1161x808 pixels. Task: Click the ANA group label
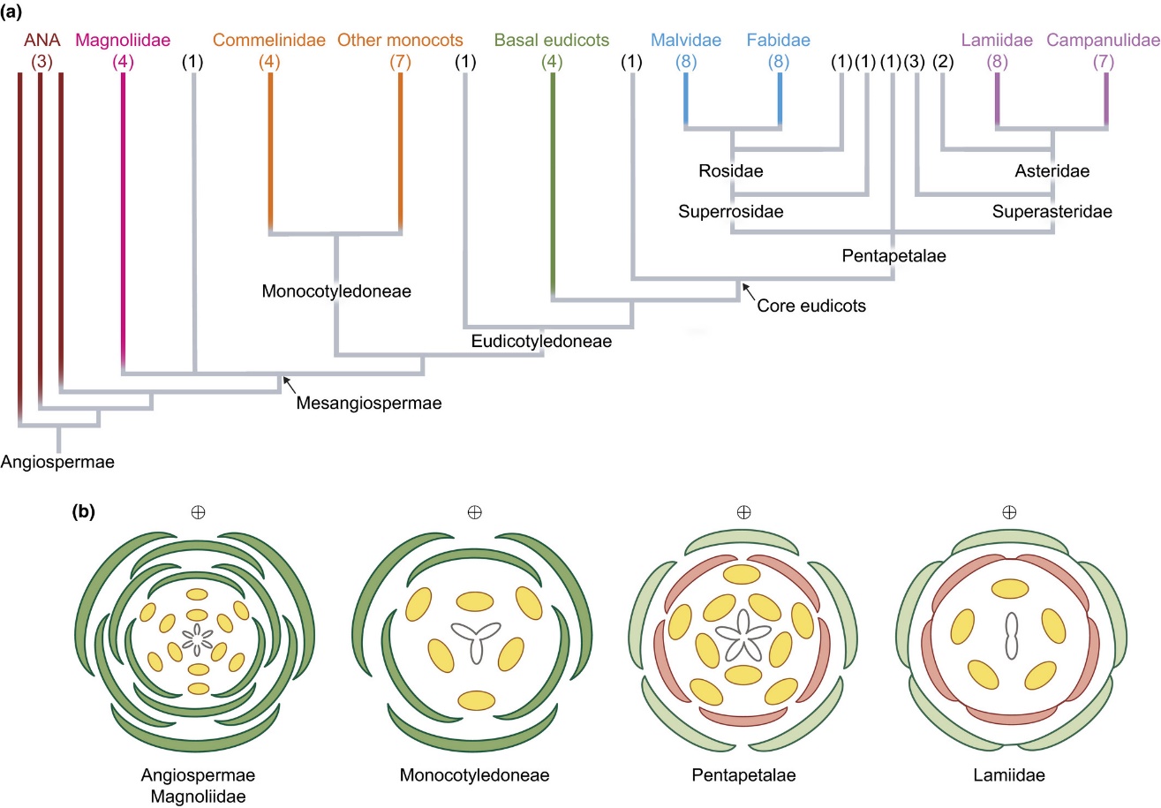point(42,40)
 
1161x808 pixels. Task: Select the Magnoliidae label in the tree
point(123,40)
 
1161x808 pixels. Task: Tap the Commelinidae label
point(269,40)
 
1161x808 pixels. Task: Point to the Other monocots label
point(400,40)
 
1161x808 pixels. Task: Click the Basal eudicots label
point(552,40)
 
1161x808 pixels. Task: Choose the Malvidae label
point(686,40)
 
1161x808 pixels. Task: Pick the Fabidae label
point(779,40)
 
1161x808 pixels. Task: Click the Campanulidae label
point(1103,40)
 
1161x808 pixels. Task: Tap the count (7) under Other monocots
point(400,62)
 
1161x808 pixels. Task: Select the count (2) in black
point(943,62)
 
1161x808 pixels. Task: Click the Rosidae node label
point(731,170)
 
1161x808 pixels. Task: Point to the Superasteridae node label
point(1052,211)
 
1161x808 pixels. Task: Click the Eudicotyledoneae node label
point(541,341)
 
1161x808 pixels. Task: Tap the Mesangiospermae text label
point(369,403)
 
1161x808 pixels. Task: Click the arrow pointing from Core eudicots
point(749,291)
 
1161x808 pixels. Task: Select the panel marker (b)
point(84,511)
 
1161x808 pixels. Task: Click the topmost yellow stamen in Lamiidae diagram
point(1010,589)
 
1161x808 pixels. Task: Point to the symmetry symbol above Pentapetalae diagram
point(743,512)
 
